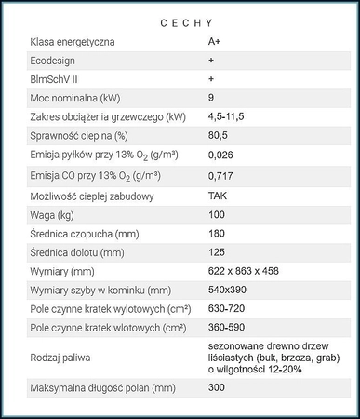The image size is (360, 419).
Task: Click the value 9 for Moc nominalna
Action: point(211,98)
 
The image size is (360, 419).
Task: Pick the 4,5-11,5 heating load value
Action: point(228,116)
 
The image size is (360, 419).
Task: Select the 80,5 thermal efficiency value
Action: point(219,135)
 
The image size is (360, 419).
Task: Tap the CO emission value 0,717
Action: point(221,175)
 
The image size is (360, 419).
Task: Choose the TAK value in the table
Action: point(219,196)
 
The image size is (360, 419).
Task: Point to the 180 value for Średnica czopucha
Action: point(217,234)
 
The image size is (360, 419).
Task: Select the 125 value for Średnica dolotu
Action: point(217,252)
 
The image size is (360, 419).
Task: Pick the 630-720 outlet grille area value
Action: point(228,308)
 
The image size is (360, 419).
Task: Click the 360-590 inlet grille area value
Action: point(228,328)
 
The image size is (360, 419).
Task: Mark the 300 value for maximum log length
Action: point(217,387)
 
